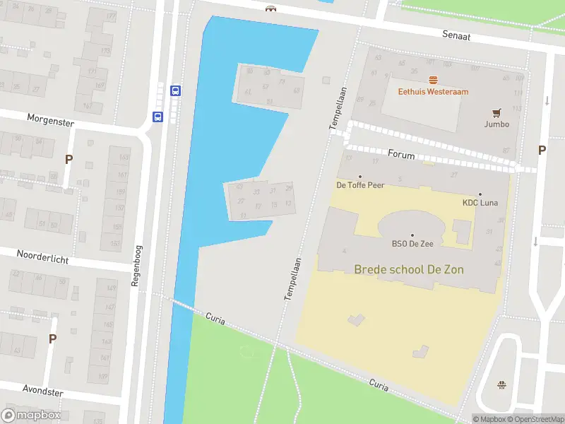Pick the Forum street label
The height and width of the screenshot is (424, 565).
point(401,154)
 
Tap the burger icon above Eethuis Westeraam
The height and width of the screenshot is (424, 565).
point(433,80)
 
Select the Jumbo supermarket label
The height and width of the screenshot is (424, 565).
point(496,124)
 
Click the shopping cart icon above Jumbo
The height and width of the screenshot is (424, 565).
point(496,112)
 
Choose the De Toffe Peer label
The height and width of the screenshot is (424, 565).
point(359,185)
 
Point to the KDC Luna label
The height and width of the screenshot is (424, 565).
point(480,203)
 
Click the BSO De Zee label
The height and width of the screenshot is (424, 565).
point(412,244)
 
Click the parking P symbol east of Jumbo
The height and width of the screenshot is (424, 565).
point(542,150)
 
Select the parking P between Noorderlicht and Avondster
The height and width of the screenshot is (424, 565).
point(52,338)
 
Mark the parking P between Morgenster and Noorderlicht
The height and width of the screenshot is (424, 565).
point(69,159)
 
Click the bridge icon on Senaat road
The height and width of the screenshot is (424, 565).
point(270,8)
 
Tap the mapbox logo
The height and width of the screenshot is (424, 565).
point(31,416)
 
